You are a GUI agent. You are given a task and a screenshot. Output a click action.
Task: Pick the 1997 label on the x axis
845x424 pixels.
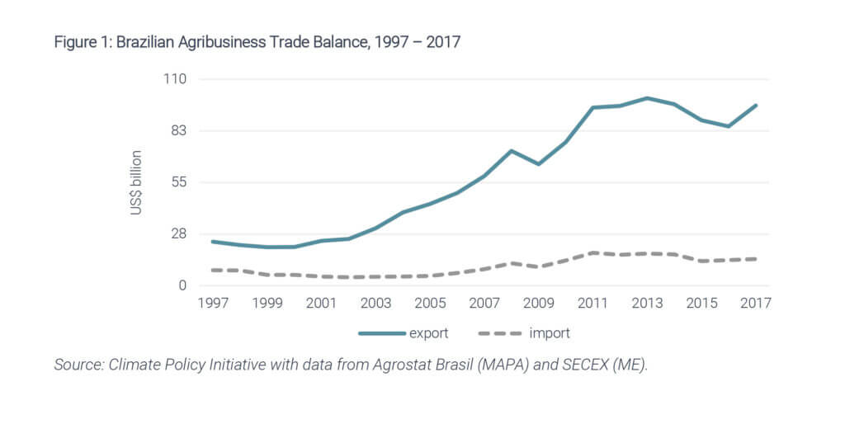[212, 304]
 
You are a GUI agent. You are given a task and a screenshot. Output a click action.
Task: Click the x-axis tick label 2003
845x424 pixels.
[375, 304]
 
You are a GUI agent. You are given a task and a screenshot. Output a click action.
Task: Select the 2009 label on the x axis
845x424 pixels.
[538, 304]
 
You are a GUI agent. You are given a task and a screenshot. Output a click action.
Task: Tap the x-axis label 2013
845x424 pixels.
[647, 304]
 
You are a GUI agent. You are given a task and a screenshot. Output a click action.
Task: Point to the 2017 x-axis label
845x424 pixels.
[755, 304]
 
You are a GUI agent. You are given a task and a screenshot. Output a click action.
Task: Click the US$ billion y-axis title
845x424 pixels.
[136, 183]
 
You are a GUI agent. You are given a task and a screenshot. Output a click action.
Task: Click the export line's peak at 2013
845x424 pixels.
[647, 98]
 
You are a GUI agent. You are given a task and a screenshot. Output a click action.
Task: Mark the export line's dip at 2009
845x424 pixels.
[538, 164]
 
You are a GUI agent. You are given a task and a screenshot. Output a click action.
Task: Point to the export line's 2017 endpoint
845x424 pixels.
[756, 106]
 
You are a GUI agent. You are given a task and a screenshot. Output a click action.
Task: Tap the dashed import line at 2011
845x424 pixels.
[592, 252]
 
